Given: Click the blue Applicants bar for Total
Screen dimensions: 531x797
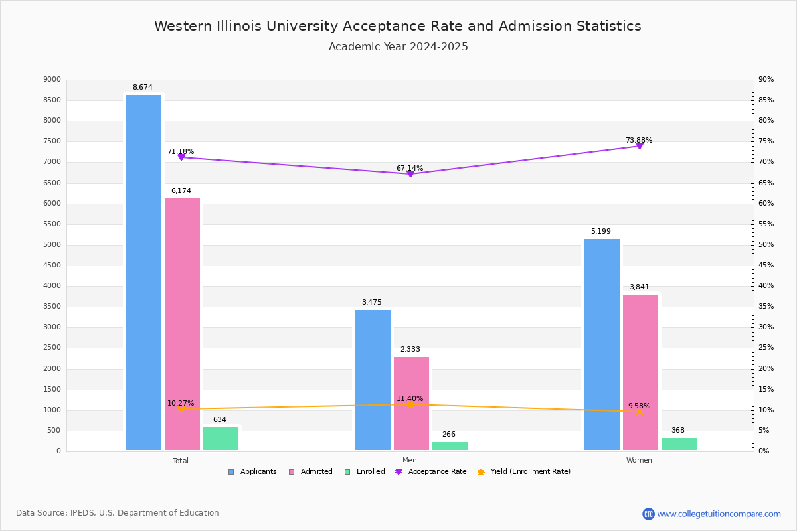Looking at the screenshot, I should click(143, 272).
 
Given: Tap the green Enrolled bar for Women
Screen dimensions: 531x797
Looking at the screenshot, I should click(679, 444).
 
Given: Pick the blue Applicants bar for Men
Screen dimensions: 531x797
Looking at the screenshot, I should click(373, 380).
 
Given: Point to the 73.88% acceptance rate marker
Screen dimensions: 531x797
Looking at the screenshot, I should click(640, 145).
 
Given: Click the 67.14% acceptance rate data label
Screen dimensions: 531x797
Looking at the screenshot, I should click(410, 168).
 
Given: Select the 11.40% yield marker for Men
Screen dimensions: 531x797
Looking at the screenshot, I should click(410, 404).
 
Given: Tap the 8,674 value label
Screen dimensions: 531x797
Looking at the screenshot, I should click(142, 87).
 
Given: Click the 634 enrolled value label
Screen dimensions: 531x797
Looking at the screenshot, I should click(219, 419).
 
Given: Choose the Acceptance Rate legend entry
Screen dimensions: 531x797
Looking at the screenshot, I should click(431, 472).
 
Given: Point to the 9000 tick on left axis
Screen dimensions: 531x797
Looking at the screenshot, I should click(52, 80).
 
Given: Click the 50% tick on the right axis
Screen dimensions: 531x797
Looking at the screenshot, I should click(766, 245).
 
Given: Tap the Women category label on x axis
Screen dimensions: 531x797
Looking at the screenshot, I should click(639, 460).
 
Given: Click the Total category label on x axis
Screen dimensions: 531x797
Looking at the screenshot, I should click(181, 461).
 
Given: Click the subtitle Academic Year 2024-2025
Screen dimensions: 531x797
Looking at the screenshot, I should click(398, 47).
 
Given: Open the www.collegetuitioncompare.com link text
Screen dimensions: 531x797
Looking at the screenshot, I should click(719, 514).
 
